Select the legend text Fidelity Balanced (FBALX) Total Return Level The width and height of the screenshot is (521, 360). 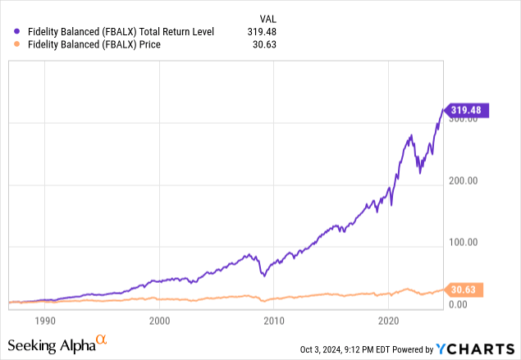pos(121,32)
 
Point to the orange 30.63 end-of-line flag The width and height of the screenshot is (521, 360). pos(465,289)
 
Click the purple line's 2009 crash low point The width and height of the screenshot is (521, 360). pos(263,275)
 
